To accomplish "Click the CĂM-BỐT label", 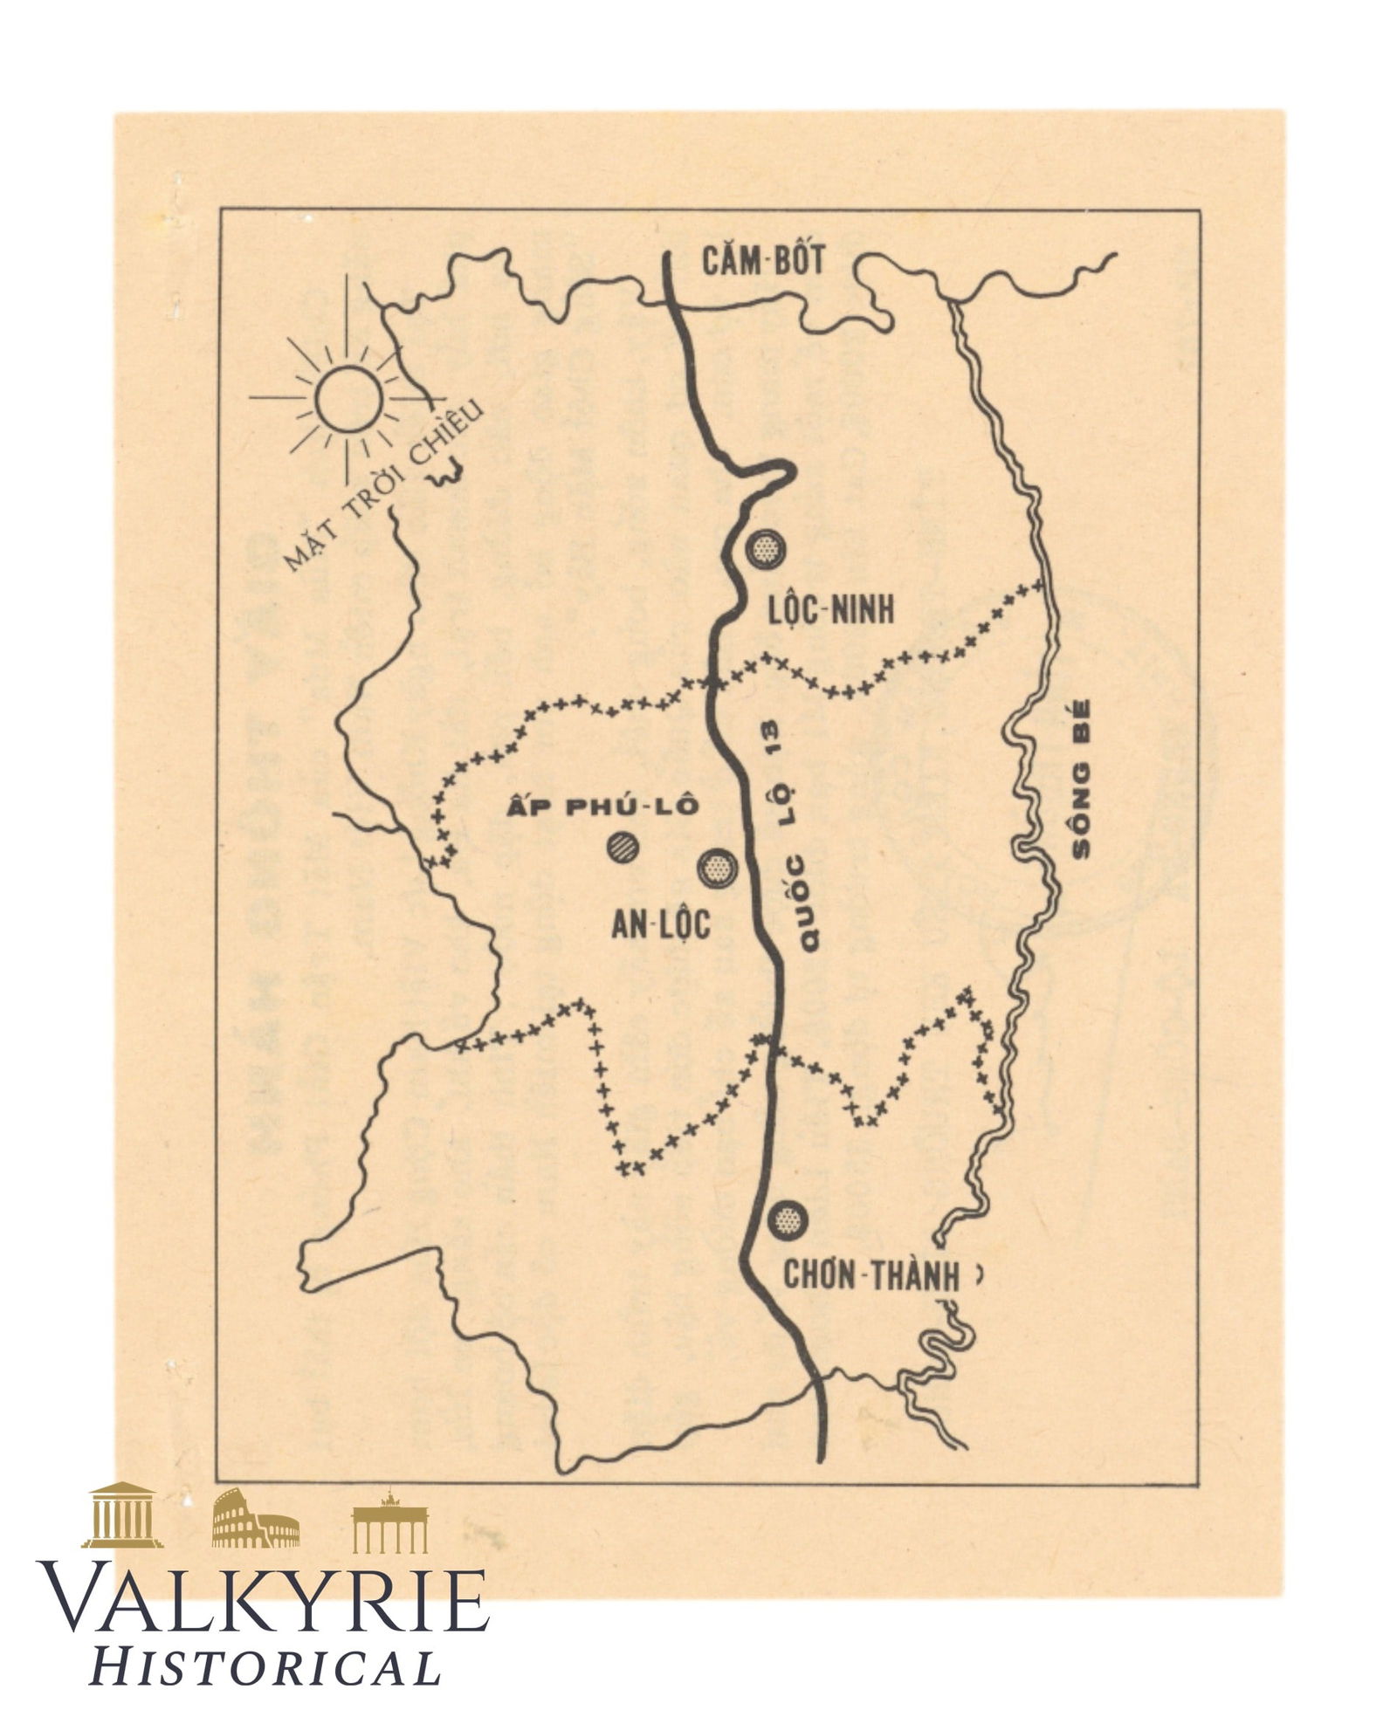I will (x=763, y=261).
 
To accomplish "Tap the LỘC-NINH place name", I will (x=830, y=610).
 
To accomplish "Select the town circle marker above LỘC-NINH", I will (x=766, y=550).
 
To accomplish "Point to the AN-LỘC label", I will (x=660, y=925).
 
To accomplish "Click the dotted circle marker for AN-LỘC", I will (x=718, y=869).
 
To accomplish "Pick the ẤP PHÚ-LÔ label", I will (x=602, y=807).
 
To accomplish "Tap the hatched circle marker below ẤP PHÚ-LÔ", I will (x=624, y=847).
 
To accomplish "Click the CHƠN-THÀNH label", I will (x=871, y=1275).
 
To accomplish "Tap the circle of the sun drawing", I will (x=348, y=399).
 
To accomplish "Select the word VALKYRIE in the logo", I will (x=262, y=1601).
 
